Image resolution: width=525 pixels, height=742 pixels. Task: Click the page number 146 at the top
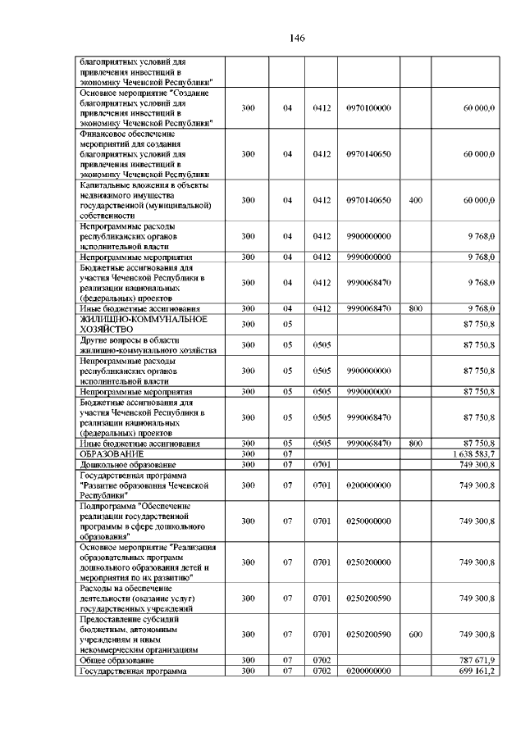tap(297, 39)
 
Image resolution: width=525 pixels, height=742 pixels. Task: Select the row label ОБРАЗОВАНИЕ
tap(112, 453)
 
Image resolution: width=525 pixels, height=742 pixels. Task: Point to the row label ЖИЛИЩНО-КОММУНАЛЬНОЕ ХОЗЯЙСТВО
tap(143, 324)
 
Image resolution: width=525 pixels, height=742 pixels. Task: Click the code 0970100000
tap(368, 107)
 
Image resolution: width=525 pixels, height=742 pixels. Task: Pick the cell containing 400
tap(415, 200)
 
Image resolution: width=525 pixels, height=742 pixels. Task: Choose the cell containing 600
tap(415, 634)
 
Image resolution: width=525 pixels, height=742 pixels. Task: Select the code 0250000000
tap(368, 521)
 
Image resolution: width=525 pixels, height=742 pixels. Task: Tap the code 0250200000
tap(368, 562)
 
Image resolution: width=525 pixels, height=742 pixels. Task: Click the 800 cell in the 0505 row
tap(415, 444)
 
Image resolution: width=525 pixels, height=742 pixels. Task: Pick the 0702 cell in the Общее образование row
tap(321, 660)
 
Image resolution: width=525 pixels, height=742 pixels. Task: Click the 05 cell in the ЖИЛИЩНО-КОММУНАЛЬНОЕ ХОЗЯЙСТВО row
tap(288, 324)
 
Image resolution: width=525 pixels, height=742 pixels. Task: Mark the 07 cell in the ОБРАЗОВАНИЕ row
tap(288, 453)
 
